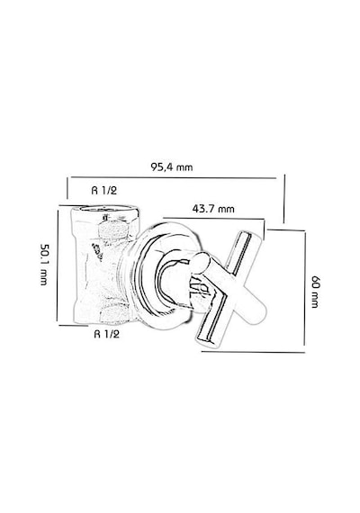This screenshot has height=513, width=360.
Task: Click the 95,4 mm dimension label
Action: coord(172,166)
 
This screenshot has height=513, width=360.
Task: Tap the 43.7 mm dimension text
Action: coord(213,209)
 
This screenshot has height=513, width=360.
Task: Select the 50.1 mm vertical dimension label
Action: coord(44,265)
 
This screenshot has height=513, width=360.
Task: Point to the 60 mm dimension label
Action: coord(314,292)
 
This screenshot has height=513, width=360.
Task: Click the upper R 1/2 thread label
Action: coord(103,190)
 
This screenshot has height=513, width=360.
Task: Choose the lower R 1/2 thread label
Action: coord(107,334)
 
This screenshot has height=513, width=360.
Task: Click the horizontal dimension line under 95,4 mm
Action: coord(174,177)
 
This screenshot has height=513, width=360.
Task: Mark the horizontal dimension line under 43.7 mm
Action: coord(213,218)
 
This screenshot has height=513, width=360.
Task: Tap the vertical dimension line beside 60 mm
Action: coord(305,288)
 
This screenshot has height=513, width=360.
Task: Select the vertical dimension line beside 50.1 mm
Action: coord(58,265)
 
